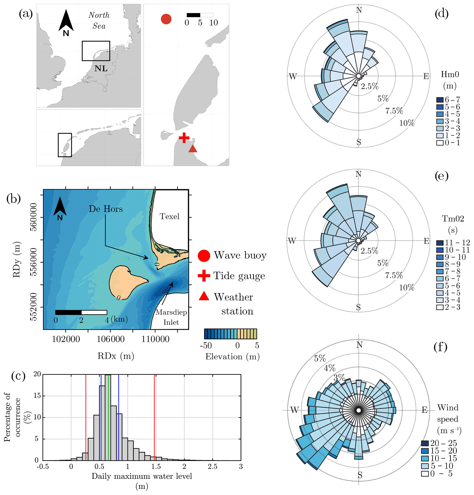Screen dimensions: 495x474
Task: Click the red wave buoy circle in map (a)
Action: point(166,19)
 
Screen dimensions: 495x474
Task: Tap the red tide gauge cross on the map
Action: point(184,138)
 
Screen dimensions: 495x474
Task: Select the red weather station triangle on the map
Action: point(193,149)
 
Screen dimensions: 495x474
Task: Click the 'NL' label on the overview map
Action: point(101,68)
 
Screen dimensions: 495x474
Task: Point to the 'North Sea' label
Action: point(99,20)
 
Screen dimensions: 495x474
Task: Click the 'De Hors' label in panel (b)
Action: point(106,209)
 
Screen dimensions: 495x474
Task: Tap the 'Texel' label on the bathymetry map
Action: point(169,217)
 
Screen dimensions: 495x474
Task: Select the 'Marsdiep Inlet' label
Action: point(171,317)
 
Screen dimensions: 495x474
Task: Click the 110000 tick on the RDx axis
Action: point(155,339)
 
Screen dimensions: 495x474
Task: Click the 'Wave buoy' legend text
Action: point(240,255)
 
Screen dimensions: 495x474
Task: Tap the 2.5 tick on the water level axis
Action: point(212,467)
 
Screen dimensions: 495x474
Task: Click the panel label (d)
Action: point(441,13)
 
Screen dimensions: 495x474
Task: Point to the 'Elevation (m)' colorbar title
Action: point(232,357)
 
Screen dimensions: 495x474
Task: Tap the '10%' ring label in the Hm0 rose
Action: point(407,123)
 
